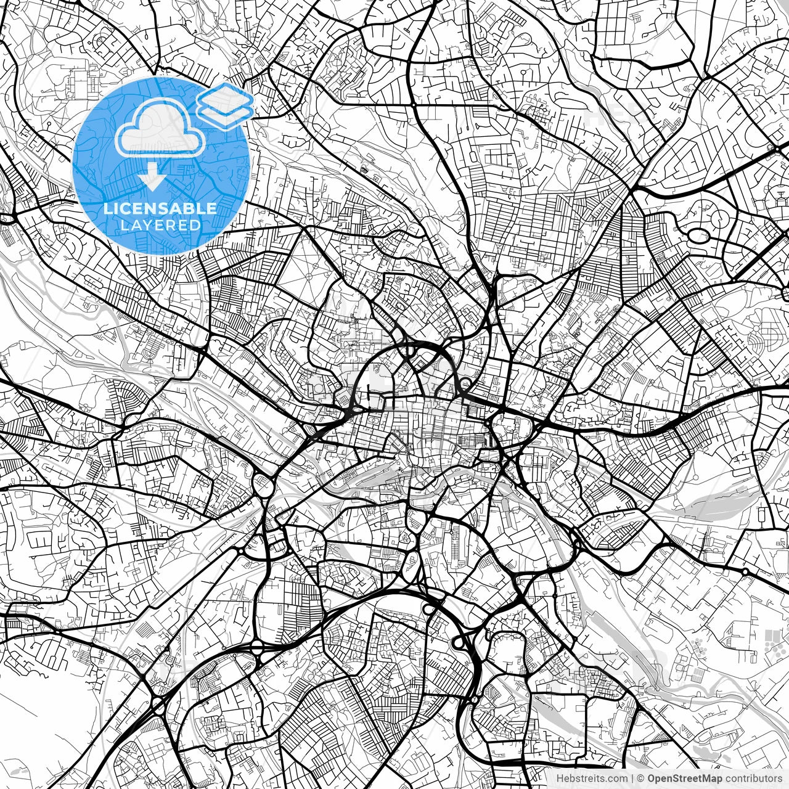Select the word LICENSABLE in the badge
click(160, 208)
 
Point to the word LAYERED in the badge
click(160, 225)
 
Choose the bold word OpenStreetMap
click(684, 779)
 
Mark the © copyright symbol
click(641, 779)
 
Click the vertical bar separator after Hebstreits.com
click(632, 779)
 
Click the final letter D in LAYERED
click(195, 225)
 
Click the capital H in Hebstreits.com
click(560, 779)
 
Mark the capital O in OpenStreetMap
click(651, 779)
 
